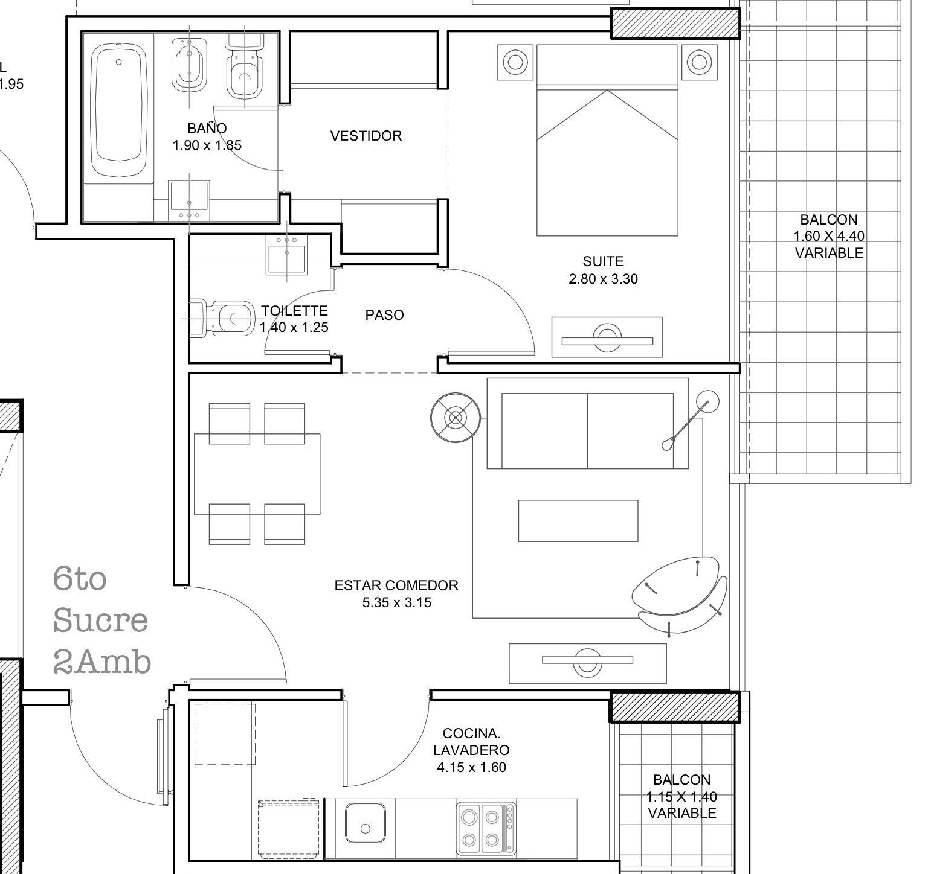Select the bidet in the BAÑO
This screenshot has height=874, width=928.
(189, 65)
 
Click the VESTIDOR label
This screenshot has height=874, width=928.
(366, 136)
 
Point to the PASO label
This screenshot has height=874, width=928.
(384, 315)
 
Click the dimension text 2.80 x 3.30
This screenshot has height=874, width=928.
(603, 279)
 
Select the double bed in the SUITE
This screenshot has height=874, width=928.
(607, 140)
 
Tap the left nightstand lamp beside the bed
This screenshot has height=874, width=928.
(515, 62)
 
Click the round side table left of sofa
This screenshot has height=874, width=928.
(456, 418)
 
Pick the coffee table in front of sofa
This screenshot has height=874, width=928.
(578, 520)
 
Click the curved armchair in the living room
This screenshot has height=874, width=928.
(680, 595)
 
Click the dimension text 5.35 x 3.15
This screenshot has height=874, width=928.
(397, 602)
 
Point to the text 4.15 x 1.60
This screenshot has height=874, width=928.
(471, 767)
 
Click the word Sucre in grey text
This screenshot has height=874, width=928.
(100, 620)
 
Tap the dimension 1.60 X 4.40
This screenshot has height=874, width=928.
(829, 236)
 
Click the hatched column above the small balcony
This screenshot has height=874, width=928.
(675, 707)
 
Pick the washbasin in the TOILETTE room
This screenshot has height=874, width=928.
(286, 255)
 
